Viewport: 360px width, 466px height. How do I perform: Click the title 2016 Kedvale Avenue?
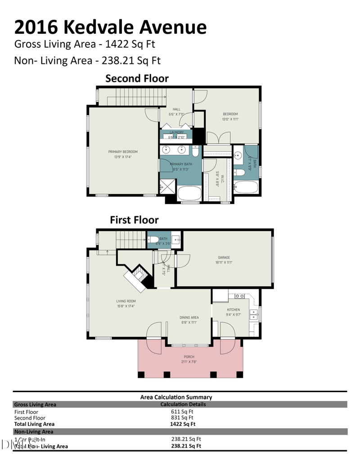(111, 27)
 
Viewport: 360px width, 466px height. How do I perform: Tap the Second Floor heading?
(137, 78)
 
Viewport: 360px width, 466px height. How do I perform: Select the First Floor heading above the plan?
(134, 220)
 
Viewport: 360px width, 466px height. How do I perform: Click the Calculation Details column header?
(183, 404)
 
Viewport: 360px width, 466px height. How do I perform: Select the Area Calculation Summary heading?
(176, 397)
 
